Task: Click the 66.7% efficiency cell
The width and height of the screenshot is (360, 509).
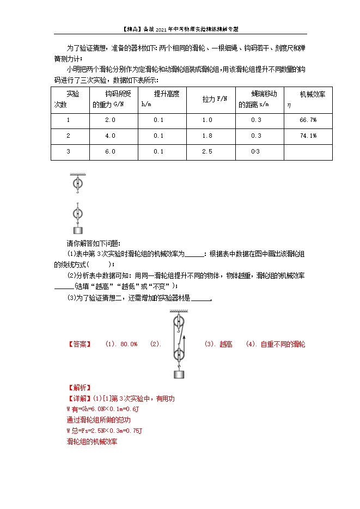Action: [308, 120]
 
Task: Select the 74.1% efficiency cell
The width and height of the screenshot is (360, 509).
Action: [308, 136]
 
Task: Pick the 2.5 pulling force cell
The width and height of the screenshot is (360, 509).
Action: [207, 151]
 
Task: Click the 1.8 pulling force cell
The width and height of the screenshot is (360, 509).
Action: [207, 136]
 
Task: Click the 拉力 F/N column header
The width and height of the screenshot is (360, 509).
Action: [214, 99]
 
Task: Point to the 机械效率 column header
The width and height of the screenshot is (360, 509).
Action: [308, 95]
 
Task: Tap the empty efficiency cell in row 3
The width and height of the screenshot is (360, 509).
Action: [308, 151]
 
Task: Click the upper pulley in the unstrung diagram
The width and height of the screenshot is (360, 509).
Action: [78, 183]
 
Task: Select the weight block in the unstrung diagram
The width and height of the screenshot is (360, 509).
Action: [78, 230]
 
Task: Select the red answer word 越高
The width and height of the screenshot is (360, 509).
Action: [225, 344]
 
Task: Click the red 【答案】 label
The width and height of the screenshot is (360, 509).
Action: [78, 344]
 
